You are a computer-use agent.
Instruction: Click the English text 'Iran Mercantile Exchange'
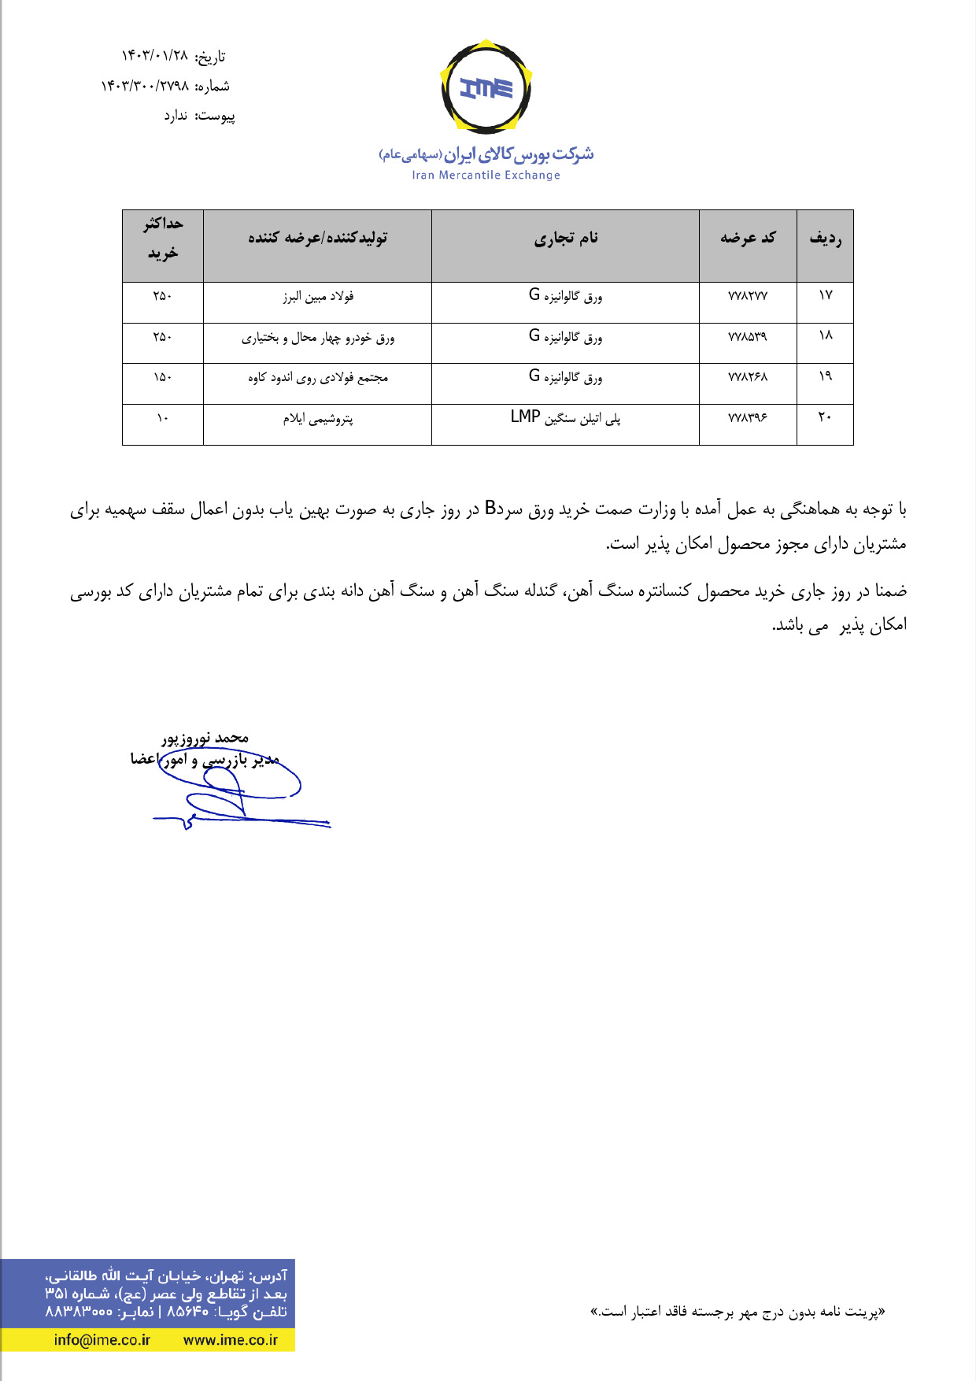pyautogui.click(x=486, y=175)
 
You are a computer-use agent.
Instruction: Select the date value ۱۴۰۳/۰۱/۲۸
pyautogui.click(x=155, y=56)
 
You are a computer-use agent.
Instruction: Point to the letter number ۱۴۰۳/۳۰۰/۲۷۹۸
pyautogui.click(x=145, y=86)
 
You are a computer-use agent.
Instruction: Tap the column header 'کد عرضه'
pyautogui.click(x=748, y=238)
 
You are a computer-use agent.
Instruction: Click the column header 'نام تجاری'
pyautogui.click(x=565, y=238)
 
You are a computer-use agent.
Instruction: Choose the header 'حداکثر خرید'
pyautogui.click(x=163, y=239)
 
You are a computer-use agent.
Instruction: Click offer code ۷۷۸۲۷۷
pyautogui.click(x=748, y=296)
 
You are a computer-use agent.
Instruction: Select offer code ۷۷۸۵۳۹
pyautogui.click(x=748, y=337)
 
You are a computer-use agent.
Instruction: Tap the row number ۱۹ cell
pyautogui.click(x=825, y=376)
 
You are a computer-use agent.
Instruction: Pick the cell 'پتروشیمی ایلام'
pyautogui.click(x=318, y=419)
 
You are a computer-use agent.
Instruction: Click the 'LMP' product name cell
pyautogui.click(x=565, y=417)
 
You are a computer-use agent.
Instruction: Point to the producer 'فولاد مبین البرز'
pyautogui.click(x=318, y=297)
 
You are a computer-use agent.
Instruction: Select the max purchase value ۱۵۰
pyautogui.click(x=162, y=377)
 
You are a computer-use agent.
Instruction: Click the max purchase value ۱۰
pyautogui.click(x=162, y=418)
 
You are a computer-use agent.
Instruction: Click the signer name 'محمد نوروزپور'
pyautogui.click(x=205, y=739)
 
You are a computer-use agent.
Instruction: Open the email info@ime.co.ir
pyautogui.click(x=102, y=1340)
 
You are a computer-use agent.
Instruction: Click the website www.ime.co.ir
pyautogui.click(x=231, y=1340)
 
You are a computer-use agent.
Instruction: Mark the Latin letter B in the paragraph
pyautogui.click(x=490, y=508)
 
